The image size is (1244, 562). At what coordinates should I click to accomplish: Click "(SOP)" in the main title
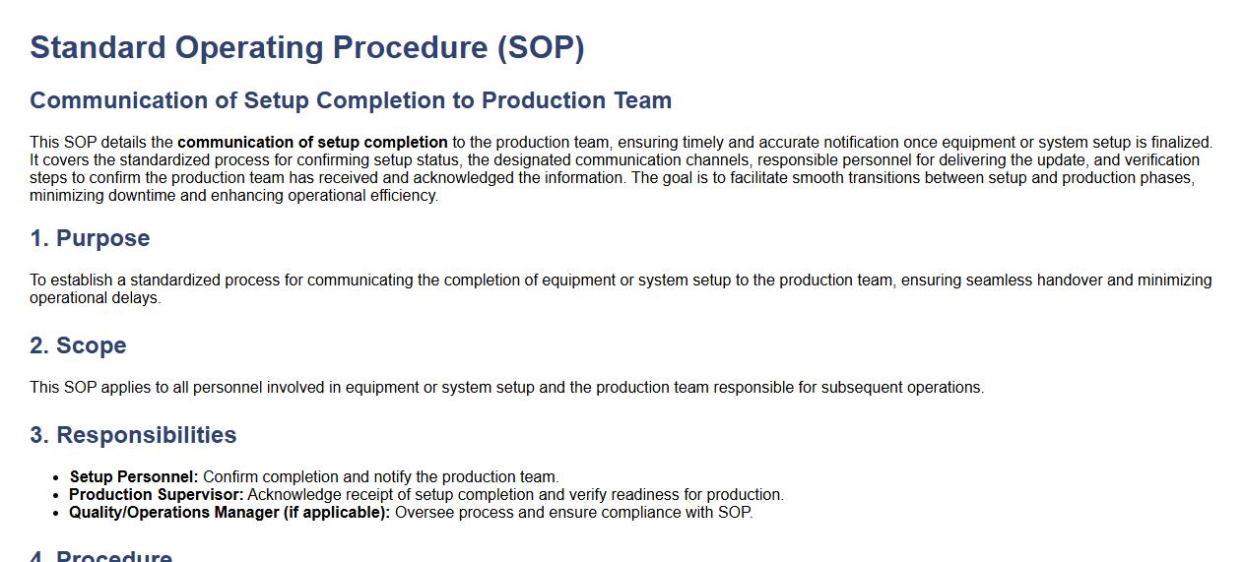click(541, 47)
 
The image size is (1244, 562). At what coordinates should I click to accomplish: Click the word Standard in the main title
click(98, 47)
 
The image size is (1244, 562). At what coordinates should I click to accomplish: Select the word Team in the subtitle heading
click(642, 100)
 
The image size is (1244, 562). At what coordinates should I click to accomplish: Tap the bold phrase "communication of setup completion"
click(312, 143)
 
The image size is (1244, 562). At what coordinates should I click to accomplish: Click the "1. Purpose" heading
click(90, 238)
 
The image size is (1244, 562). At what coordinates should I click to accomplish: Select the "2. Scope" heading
click(79, 345)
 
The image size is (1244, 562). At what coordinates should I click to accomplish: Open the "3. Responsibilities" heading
click(133, 435)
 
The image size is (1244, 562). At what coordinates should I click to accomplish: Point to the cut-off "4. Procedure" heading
click(101, 556)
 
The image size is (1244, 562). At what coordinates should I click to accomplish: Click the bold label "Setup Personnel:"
click(134, 477)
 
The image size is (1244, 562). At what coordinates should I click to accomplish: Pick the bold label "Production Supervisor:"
click(156, 495)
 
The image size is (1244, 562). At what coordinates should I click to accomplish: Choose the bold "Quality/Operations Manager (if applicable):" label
click(229, 513)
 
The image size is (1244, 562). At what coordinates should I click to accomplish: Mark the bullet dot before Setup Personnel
click(55, 477)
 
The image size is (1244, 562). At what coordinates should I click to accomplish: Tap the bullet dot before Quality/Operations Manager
click(55, 513)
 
